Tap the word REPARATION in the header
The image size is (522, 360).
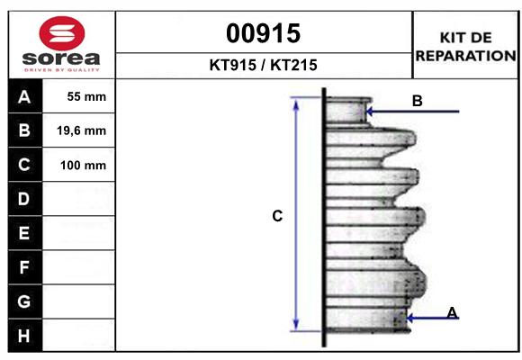click(x=465, y=55)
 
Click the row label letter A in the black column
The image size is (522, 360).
click(x=23, y=96)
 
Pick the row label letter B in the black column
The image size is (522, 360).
click(x=23, y=130)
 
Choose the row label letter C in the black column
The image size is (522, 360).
click(x=23, y=165)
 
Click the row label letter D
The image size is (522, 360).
click(x=23, y=199)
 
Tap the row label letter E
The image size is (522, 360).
click(x=23, y=233)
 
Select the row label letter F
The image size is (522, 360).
click(x=23, y=267)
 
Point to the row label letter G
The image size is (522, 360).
click(x=23, y=301)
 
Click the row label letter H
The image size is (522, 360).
click(x=23, y=336)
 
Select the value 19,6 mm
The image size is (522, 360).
click(x=82, y=130)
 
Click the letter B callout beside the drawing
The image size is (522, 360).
click(x=417, y=101)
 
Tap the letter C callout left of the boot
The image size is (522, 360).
click(x=278, y=216)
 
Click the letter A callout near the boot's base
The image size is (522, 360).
click(x=452, y=312)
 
